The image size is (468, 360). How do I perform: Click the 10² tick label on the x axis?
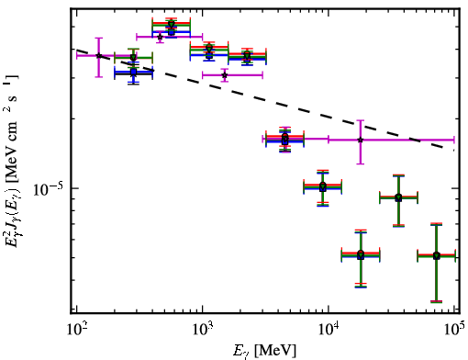[77, 331]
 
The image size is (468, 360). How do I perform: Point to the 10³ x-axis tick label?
[203, 331]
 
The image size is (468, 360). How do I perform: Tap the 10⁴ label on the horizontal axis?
[329, 331]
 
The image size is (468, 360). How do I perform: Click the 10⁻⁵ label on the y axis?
[50, 190]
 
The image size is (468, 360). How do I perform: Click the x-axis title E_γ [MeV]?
[264, 351]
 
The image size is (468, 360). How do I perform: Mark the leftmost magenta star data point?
[99, 55]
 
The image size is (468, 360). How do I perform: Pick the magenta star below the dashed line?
[225, 75]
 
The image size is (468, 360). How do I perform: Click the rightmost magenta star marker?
[361, 140]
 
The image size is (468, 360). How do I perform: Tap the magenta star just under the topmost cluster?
[160, 37]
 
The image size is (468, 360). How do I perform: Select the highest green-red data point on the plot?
[172, 25]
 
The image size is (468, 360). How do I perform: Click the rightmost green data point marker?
[437, 255]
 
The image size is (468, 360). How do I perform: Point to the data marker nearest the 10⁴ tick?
[323, 186]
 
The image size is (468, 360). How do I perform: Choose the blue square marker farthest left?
[133, 73]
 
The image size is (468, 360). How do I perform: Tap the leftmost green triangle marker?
[133, 58]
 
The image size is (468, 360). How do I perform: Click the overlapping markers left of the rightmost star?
[285, 139]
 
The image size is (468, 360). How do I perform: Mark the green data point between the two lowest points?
[398, 197]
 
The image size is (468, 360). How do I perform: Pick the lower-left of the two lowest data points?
[361, 255]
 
